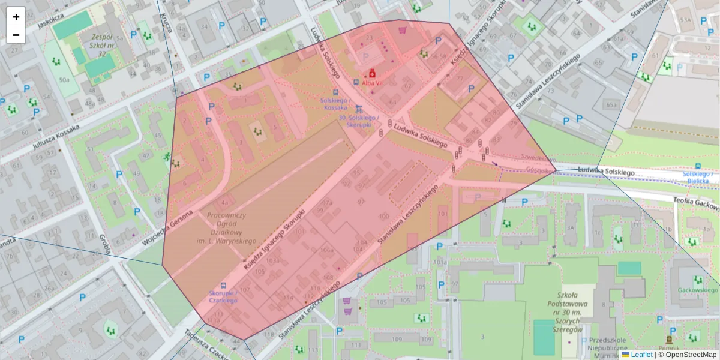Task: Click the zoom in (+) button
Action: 16,17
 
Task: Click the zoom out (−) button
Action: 16,35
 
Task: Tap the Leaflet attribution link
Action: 641,355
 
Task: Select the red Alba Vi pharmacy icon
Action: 372,74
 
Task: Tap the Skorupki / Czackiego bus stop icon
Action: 224,286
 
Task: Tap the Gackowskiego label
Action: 698,289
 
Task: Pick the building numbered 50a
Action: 64,79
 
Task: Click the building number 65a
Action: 611,105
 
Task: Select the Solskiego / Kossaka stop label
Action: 334,104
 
